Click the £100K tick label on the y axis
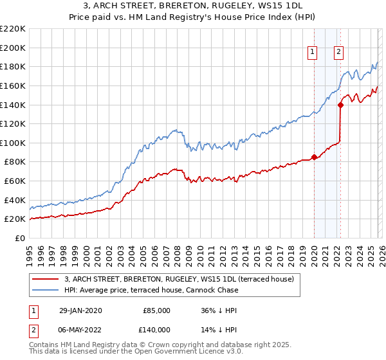tap(13, 143)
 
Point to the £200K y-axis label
tap(13, 48)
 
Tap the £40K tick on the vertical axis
tap(15, 200)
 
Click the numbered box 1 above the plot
tap(313, 53)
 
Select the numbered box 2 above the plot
tap(338, 53)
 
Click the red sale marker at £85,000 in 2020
tap(314, 157)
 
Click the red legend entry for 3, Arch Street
tap(179, 279)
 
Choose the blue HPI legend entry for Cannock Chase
tap(151, 290)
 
